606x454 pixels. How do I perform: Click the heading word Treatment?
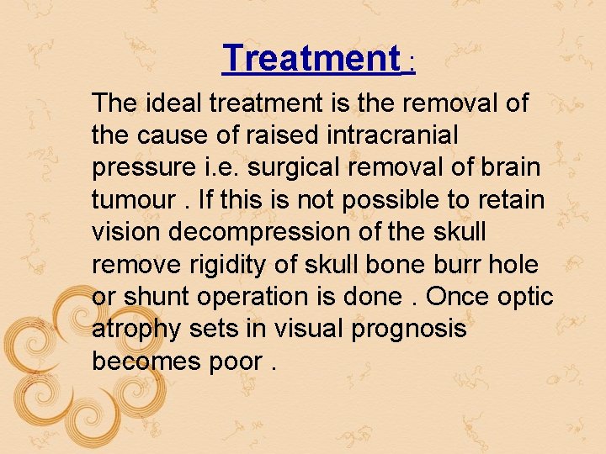click(311, 58)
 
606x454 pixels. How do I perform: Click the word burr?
click(443, 264)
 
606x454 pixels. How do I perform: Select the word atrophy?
click(137, 329)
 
